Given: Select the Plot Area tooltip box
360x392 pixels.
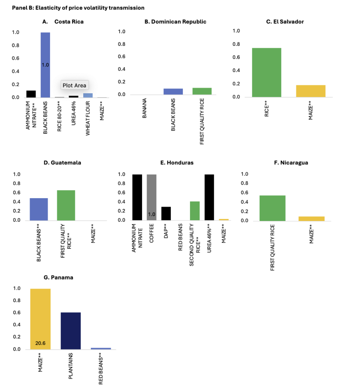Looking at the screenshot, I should point(74,85).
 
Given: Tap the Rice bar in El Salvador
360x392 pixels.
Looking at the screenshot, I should point(267,72).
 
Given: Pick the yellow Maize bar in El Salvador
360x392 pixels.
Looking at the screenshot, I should point(310,91).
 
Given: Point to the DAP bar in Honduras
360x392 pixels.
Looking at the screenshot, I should point(166,213).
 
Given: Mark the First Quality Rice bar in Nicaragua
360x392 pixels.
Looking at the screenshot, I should point(272,208).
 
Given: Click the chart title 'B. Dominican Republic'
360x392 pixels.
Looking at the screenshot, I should point(176,22).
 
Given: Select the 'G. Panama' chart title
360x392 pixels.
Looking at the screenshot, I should point(58,277).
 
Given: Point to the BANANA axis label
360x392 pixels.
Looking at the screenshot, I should point(144,111).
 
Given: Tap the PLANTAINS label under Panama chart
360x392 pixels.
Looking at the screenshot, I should point(71,366).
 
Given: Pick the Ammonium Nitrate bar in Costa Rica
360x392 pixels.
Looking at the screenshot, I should point(31,94).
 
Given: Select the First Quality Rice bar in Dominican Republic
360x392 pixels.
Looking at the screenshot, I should point(202,91).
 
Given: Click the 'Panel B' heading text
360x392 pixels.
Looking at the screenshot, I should point(78,8).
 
